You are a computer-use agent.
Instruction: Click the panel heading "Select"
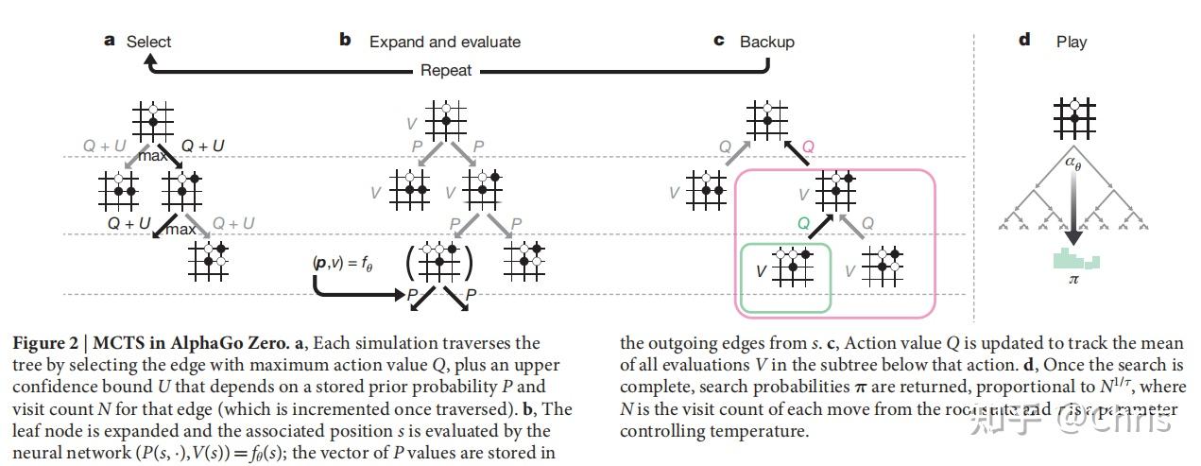(149, 42)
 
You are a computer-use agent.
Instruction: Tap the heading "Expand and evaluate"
(444, 42)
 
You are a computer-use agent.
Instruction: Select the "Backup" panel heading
(766, 42)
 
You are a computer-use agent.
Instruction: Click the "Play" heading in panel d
(1072, 42)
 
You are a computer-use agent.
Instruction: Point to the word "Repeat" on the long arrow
(446, 71)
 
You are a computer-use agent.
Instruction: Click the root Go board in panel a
(151, 121)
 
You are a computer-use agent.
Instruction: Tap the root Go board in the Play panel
(1073, 118)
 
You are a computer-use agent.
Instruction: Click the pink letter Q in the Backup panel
(809, 147)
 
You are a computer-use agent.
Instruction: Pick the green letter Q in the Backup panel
(803, 224)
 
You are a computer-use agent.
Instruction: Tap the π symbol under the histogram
(1073, 280)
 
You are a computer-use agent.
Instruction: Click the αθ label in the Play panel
(1073, 162)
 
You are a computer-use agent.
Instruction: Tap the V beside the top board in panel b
(410, 123)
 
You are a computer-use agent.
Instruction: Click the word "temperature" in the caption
(762, 431)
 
